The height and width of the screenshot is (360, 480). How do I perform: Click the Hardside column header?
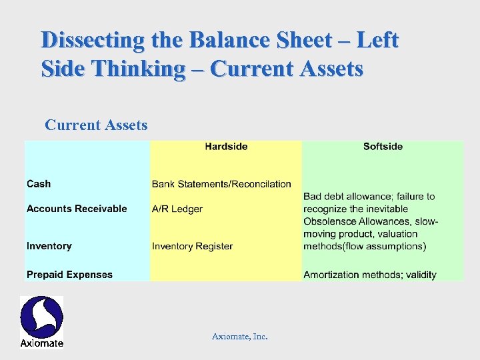tap(226, 147)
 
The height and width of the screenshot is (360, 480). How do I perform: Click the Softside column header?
tap(383, 147)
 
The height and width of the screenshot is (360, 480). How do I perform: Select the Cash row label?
tap(39, 184)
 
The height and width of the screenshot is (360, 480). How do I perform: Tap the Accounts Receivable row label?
tap(77, 209)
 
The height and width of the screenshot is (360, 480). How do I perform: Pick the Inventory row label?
tap(49, 246)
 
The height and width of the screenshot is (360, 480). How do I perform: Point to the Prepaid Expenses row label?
tap(69, 275)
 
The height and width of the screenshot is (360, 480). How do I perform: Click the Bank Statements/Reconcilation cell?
tap(221, 184)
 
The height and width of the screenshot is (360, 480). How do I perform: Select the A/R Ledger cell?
tap(177, 209)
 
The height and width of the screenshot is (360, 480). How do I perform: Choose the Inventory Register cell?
tap(192, 246)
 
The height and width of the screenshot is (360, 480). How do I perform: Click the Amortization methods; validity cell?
tap(370, 275)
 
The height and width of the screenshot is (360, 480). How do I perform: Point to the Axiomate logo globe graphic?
tap(41, 317)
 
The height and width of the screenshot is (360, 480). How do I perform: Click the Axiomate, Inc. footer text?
tap(240, 337)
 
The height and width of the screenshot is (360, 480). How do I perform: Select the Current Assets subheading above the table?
tap(96, 125)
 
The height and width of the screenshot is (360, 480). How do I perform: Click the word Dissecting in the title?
tap(92, 40)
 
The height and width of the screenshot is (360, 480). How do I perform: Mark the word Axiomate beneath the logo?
tap(41, 343)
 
